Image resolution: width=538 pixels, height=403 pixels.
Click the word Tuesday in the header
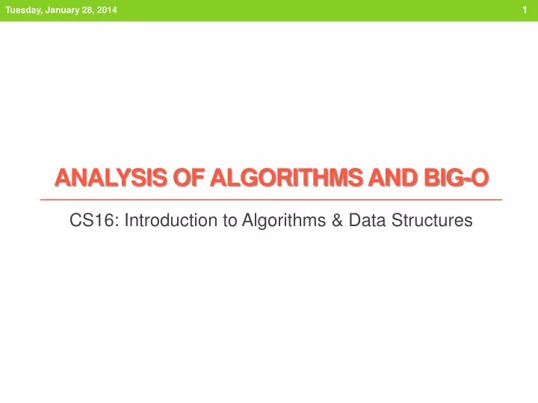(23, 9)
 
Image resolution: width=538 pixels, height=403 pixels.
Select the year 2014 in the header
(106, 9)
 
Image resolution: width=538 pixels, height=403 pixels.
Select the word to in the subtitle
(207, 220)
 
